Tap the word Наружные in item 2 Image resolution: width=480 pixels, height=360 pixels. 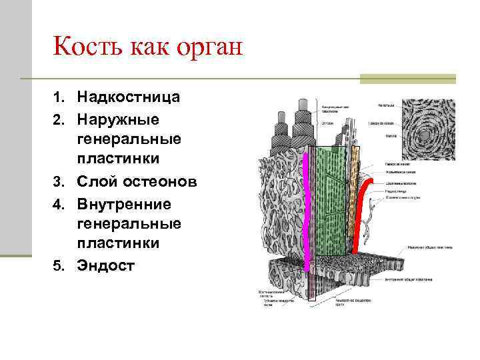[118, 119]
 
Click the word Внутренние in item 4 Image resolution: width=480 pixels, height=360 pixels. [124, 203]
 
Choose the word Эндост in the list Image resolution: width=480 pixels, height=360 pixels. [106, 265]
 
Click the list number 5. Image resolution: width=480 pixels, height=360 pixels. [58, 266]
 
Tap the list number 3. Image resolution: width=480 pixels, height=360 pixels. [58, 182]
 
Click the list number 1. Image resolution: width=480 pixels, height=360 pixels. [58, 98]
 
